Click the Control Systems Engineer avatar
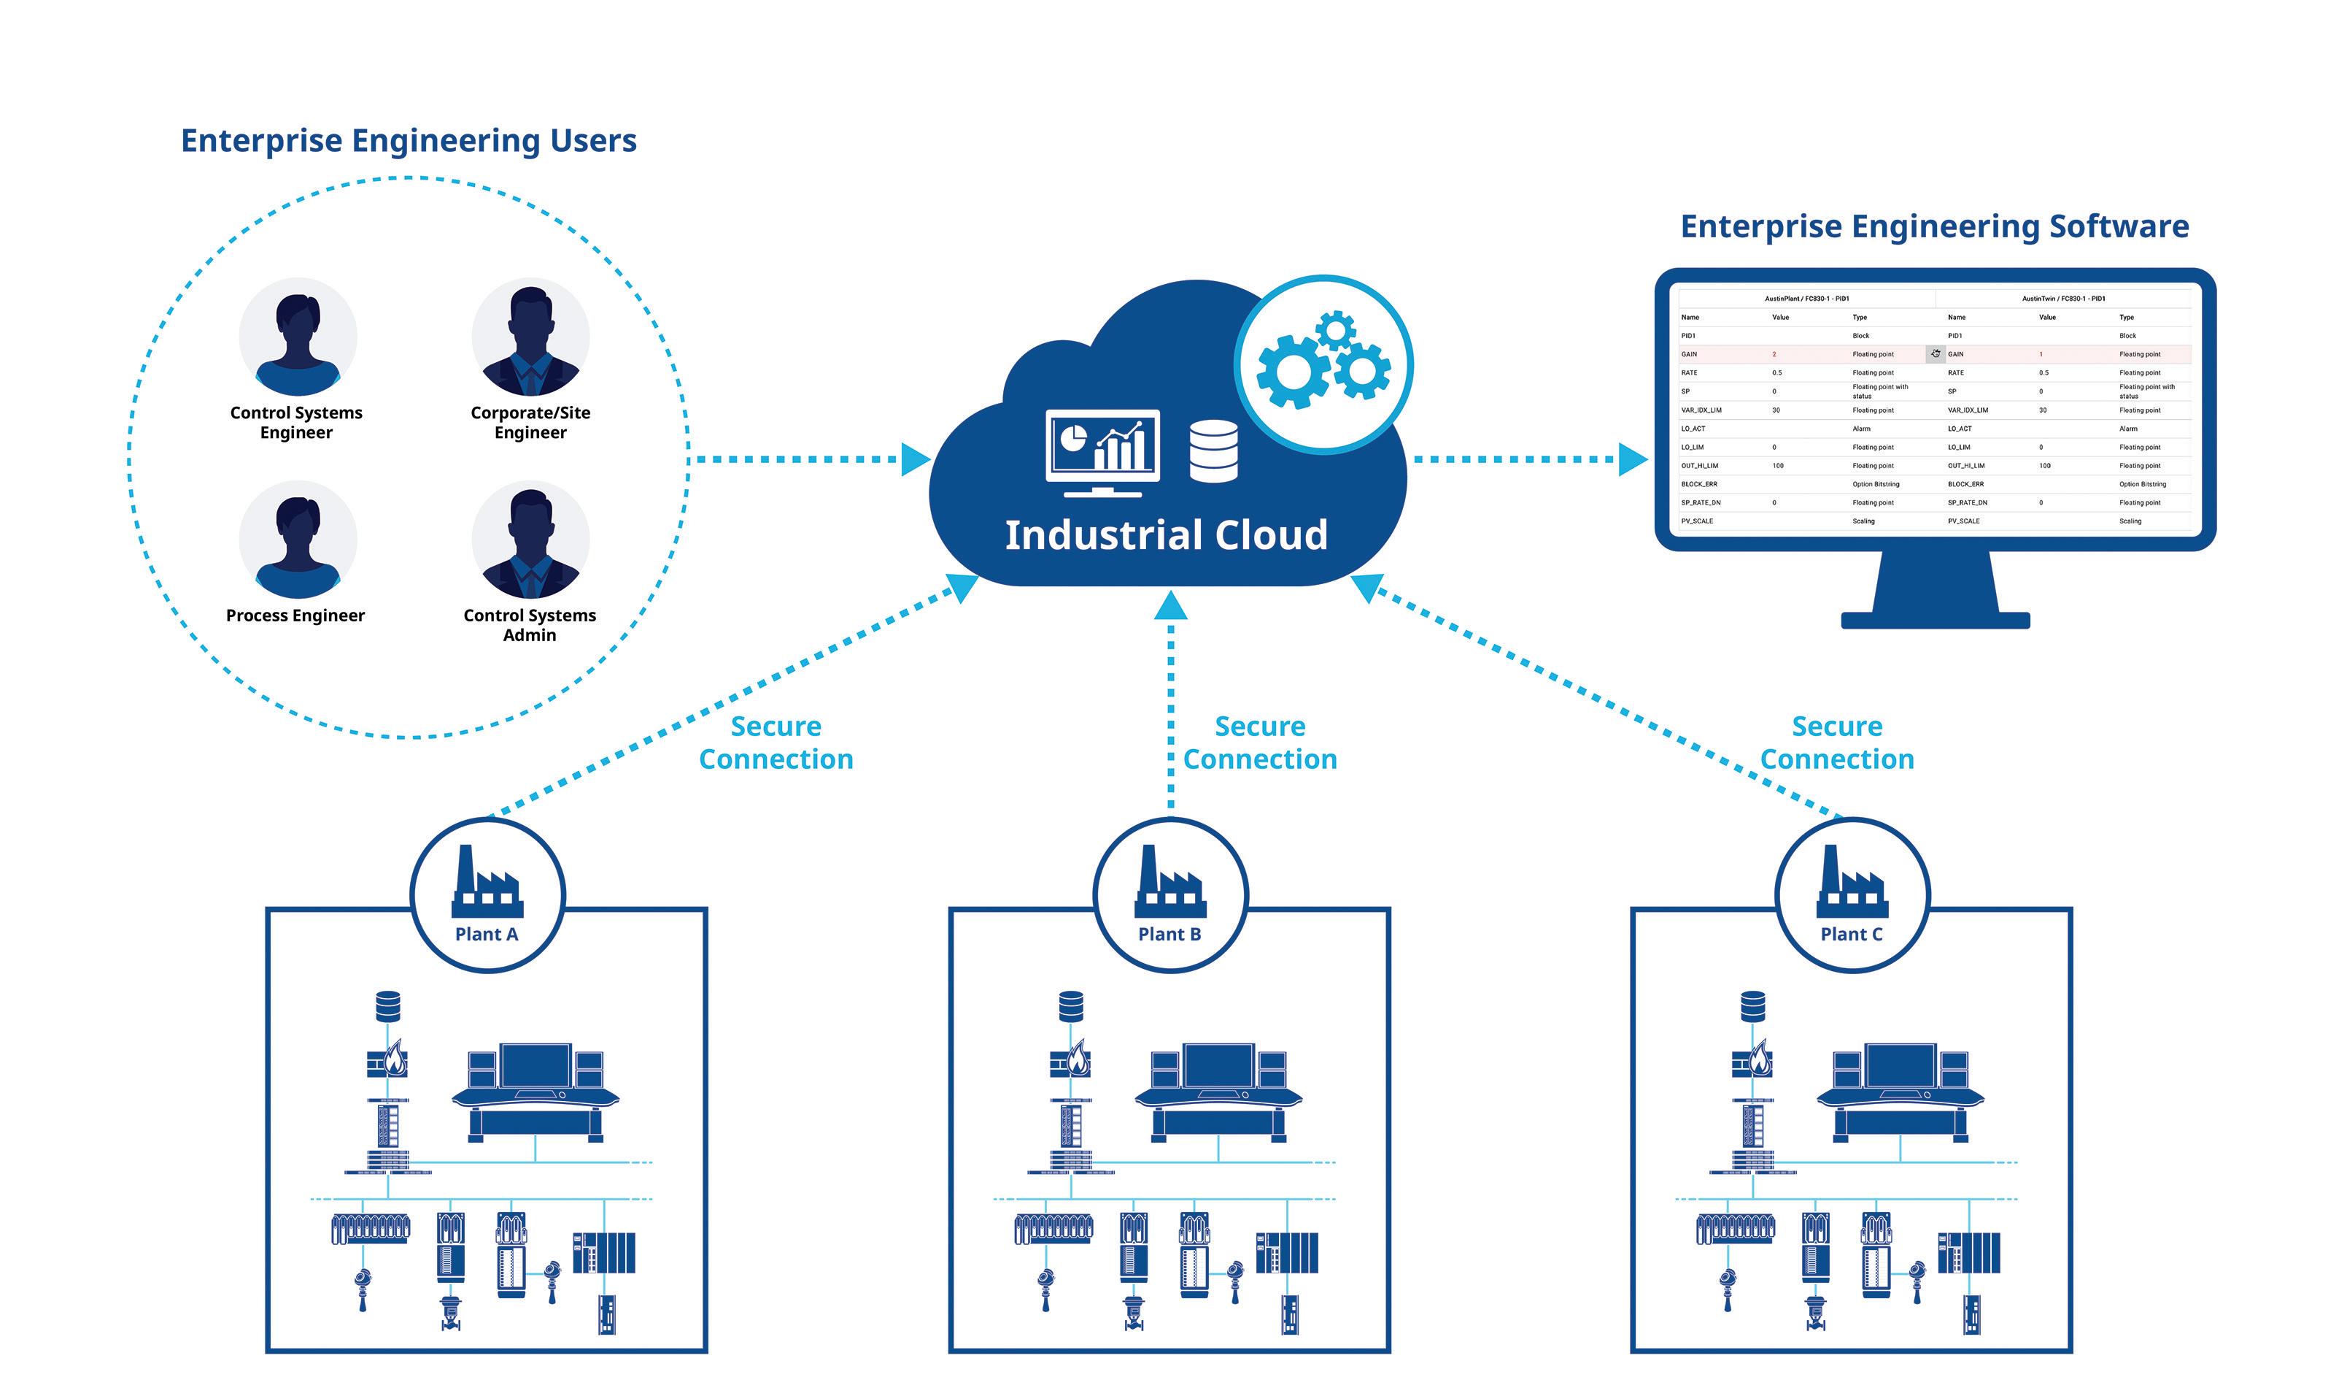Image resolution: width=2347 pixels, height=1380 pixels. [297, 337]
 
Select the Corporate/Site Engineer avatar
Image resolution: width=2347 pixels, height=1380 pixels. [530, 337]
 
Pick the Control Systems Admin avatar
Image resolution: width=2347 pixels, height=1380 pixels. [530, 540]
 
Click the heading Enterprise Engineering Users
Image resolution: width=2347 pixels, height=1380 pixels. [408, 141]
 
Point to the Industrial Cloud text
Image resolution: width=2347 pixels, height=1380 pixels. [1165, 535]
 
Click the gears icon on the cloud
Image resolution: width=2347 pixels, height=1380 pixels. [1323, 364]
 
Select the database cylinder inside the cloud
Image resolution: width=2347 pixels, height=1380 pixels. [1213, 451]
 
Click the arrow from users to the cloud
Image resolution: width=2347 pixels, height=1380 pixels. [811, 459]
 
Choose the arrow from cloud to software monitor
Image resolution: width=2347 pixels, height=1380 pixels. [1528, 459]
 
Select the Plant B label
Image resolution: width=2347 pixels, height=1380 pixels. [1169, 934]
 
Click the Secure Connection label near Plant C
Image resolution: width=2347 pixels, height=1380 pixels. [1836, 743]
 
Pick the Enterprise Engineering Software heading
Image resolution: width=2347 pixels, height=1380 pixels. [1933, 226]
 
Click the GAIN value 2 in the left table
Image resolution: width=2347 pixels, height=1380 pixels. [1774, 354]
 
